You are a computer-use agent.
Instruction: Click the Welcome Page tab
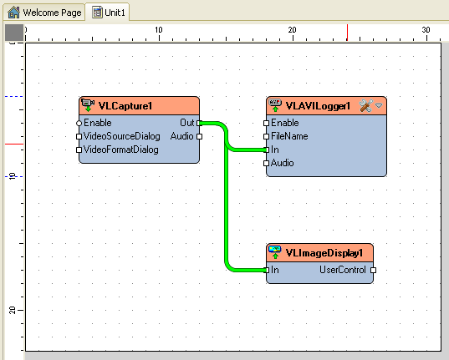pyautogui.click(x=44, y=13)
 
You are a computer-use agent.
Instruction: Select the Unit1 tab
pyautogui.click(x=108, y=13)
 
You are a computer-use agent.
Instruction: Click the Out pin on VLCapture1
pyautogui.click(x=199, y=124)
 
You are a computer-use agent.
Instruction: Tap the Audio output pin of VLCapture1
pyautogui.click(x=199, y=136)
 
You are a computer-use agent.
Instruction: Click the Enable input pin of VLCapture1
pyautogui.click(x=79, y=124)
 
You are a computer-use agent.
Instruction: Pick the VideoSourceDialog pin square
pyautogui.click(x=79, y=136)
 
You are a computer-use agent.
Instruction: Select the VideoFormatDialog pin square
pyautogui.click(x=79, y=150)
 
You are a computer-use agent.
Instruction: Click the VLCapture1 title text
pyautogui.click(x=125, y=106)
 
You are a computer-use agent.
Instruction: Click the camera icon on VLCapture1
pyautogui.click(x=88, y=104)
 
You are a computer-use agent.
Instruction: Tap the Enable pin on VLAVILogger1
pyautogui.click(x=267, y=124)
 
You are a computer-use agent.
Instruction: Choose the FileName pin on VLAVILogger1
pyautogui.click(x=267, y=136)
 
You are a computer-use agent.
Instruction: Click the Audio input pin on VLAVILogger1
pyautogui.click(x=267, y=163)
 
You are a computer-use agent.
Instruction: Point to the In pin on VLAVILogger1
pyautogui.click(x=267, y=150)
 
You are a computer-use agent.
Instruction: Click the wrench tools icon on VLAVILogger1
pyautogui.click(x=366, y=105)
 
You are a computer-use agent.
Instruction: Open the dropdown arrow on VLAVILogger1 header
pyautogui.click(x=379, y=105)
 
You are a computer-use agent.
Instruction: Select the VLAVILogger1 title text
pyautogui.click(x=318, y=106)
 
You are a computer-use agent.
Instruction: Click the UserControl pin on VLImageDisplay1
pyautogui.click(x=373, y=270)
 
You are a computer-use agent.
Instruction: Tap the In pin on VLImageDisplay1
pyautogui.click(x=267, y=270)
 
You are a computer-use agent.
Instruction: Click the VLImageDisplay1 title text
pyautogui.click(x=324, y=253)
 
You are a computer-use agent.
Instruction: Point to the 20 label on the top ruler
pyautogui.click(x=292, y=30)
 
